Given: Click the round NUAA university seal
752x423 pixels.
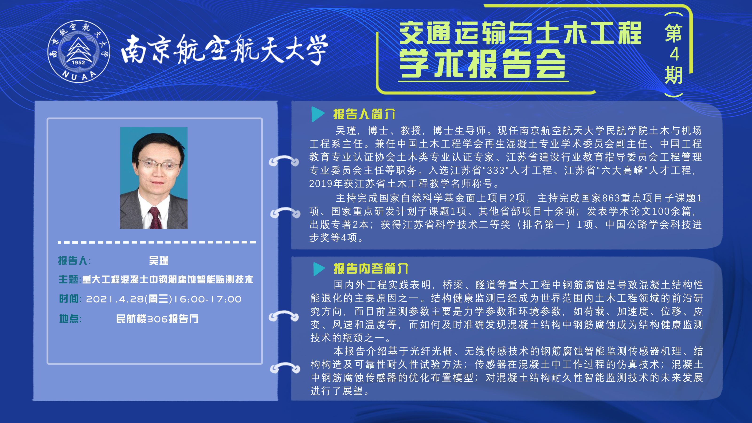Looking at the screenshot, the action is (79, 51).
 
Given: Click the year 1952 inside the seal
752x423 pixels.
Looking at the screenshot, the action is (78, 62).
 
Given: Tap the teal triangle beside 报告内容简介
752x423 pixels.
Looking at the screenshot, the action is (319, 269).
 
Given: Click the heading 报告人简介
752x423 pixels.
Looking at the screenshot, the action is (364, 114).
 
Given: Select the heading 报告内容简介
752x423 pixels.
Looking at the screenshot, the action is (371, 269).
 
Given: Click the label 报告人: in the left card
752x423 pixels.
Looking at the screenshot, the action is (74, 260).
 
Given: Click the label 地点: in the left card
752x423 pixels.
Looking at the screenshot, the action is (70, 318).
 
